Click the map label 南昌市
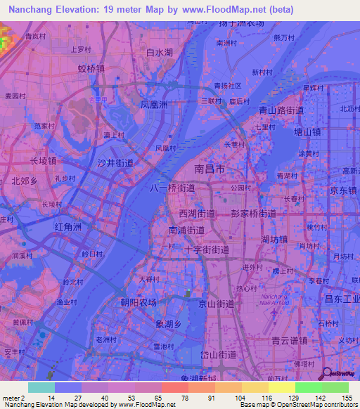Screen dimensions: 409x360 (x=210, y=170)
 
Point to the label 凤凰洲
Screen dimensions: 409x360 (x=153, y=105)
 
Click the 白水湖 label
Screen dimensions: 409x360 (x=159, y=53)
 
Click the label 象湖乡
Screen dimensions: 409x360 (x=168, y=324)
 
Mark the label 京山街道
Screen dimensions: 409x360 (x=216, y=304)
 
